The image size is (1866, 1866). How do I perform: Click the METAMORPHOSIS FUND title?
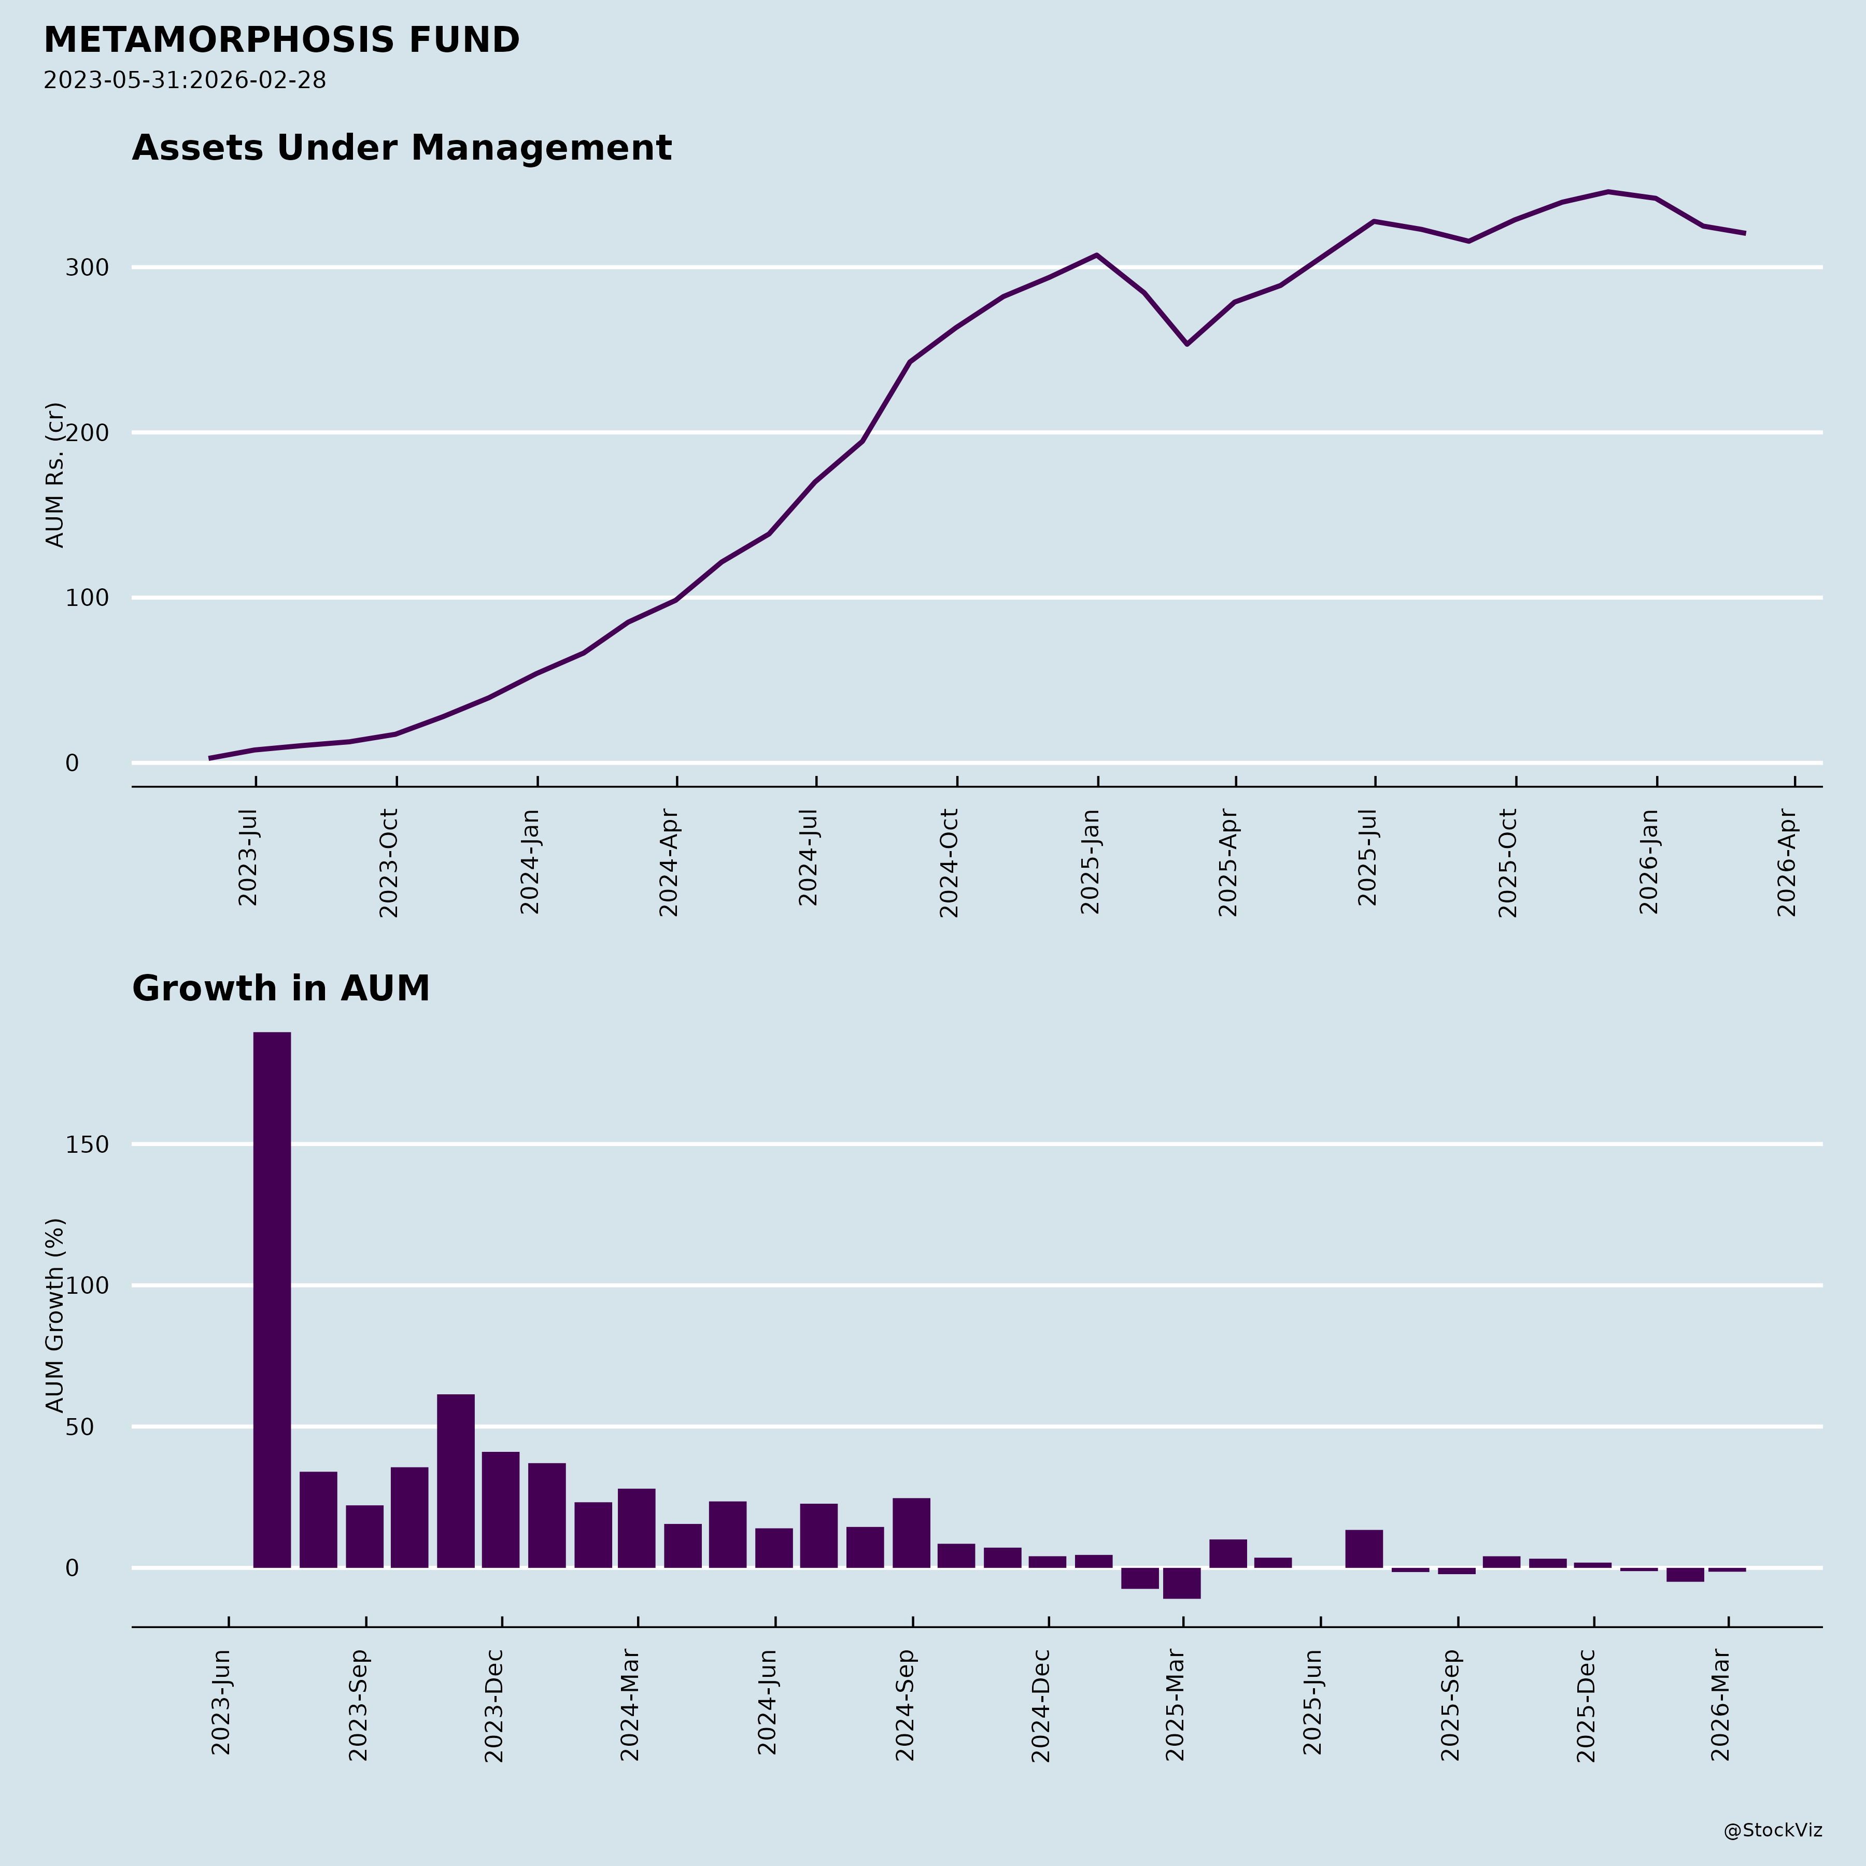click(281, 40)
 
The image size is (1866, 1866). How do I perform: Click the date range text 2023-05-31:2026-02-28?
click(185, 80)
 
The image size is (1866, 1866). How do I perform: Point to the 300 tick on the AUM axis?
click(86, 267)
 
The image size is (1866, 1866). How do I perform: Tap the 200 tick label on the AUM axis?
click(86, 433)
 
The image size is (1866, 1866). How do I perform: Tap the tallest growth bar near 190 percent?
click(272, 1299)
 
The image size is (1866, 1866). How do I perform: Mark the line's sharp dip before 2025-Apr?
click(1187, 344)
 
